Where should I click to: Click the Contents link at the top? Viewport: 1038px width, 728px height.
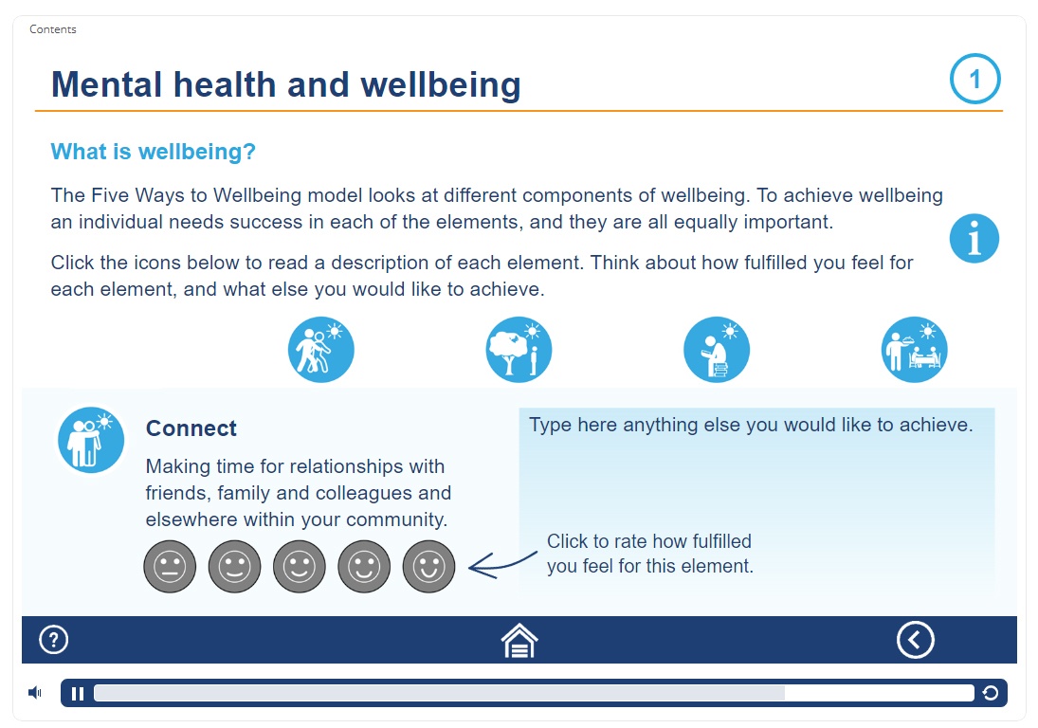pyautogui.click(x=53, y=29)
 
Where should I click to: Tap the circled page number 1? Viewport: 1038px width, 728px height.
pyautogui.click(x=974, y=79)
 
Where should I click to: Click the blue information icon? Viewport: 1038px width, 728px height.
pyautogui.click(x=974, y=238)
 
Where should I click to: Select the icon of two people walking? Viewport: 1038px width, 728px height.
pyautogui.click(x=321, y=350)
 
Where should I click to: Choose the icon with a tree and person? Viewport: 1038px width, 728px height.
pyautogui.click(x=519, y=350)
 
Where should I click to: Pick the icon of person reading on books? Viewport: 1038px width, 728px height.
pyautogui.click(x=717, y=350)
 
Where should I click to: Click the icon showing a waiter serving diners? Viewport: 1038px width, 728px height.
pyautogui.click(x=914, y=350)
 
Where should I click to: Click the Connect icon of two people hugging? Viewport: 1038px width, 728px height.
pyautogui.click(x=91, y=440)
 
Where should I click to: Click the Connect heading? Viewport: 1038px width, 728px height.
pyautogui.click(x=191, y=428)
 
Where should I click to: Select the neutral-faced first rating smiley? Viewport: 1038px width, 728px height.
pyautogui.click(x=170, y=567)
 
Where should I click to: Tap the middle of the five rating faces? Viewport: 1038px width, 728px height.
pyautogui.click(x=300, y=567)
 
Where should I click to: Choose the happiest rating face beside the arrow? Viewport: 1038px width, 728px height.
pyautogui.click(x=429, y=567)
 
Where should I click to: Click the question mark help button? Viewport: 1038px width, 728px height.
pyautogui.click(x=54, y=640)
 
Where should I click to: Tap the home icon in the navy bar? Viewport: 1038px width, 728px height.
pyautogui.click(x=519, y=641)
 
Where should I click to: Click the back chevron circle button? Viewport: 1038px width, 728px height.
pyautogui.click(x=916, y=640)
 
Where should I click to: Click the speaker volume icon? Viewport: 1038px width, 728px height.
pyautogui.click(x=35, y=693)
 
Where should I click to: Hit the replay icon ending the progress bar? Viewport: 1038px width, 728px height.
pyautogui.click(x=991, y=693)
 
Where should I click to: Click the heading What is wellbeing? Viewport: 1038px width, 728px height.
pyautogui.click(x=153, y=152)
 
